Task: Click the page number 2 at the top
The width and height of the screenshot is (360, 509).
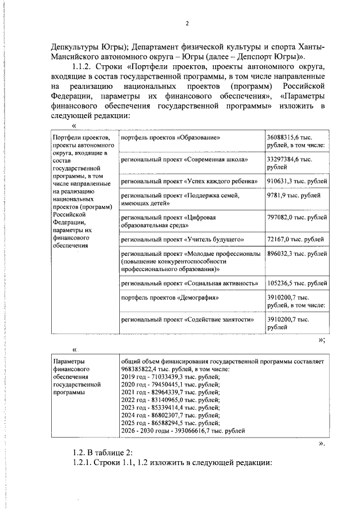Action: click(186, 23)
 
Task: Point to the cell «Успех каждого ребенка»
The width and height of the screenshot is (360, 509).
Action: click(189, 181)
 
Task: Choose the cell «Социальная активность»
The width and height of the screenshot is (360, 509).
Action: click(189, 283)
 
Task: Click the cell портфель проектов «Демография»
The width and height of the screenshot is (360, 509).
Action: click(169, 298)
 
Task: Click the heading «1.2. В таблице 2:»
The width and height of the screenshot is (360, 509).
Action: click(102, 453)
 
